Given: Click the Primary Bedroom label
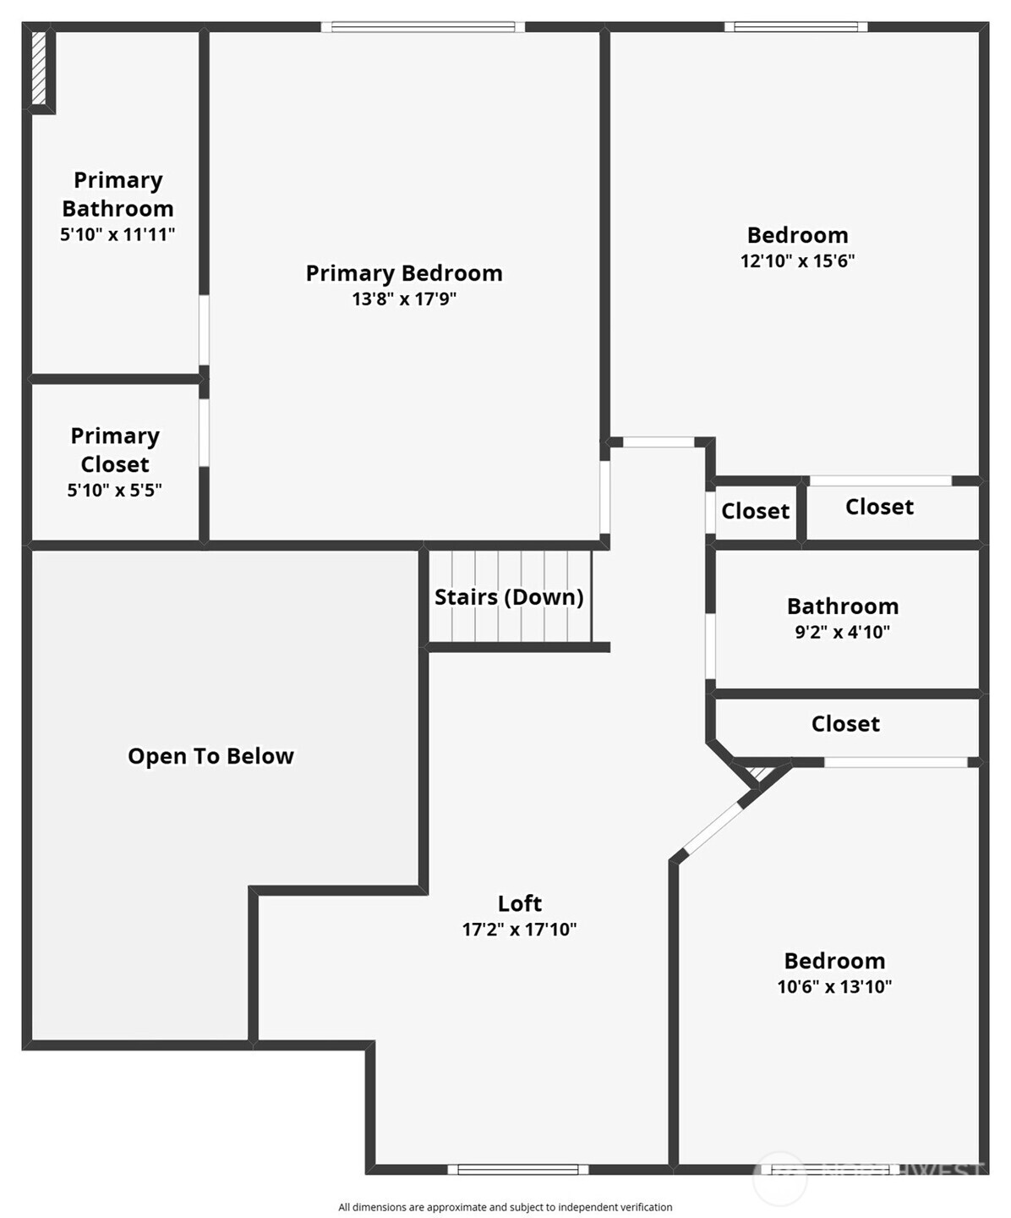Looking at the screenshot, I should click(404, 273).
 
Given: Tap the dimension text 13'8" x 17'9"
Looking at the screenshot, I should click(404, 299).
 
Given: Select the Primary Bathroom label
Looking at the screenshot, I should click(117, 195).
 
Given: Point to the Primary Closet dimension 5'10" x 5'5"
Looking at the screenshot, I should click(115, 490).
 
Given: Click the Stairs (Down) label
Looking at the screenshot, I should click(509, 597).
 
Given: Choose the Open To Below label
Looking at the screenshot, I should click(210, 756).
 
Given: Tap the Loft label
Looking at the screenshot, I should click(519, 903).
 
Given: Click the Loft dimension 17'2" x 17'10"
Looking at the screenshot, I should click(519, 930).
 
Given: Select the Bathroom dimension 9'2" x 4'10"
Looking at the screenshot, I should click(842, 632).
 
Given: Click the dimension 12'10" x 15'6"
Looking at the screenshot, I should click(797, 261).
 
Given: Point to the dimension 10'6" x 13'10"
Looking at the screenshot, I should click(834, 986).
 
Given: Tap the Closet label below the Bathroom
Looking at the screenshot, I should click(845, 724).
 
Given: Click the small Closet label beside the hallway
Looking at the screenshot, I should click(755, 511).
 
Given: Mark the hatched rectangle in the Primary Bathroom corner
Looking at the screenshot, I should click(39, 68).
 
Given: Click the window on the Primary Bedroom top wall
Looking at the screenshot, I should click(423, 27).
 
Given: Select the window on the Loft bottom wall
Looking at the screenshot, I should click(517, 1170).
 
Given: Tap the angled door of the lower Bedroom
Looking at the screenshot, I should click(712, 828).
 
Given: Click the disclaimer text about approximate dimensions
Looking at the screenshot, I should click(505, 1207).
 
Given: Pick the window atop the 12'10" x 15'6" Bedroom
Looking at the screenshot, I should click(796, 27).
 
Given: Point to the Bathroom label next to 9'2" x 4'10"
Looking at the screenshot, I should click(842, 606).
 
